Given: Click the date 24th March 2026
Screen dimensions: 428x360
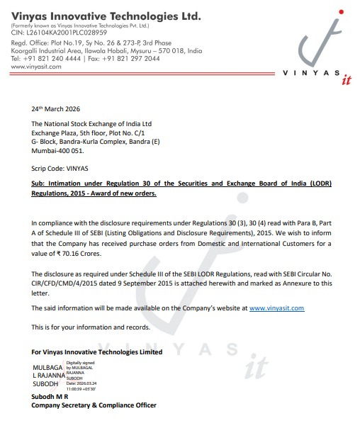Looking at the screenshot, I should pyautogui.click(x=56, y=110).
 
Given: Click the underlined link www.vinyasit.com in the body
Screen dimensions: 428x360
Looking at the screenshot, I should pyautogui.click(x=276, y=308).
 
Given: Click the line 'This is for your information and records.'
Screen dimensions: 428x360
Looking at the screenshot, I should pyautogui.click(x=91, y=327).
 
